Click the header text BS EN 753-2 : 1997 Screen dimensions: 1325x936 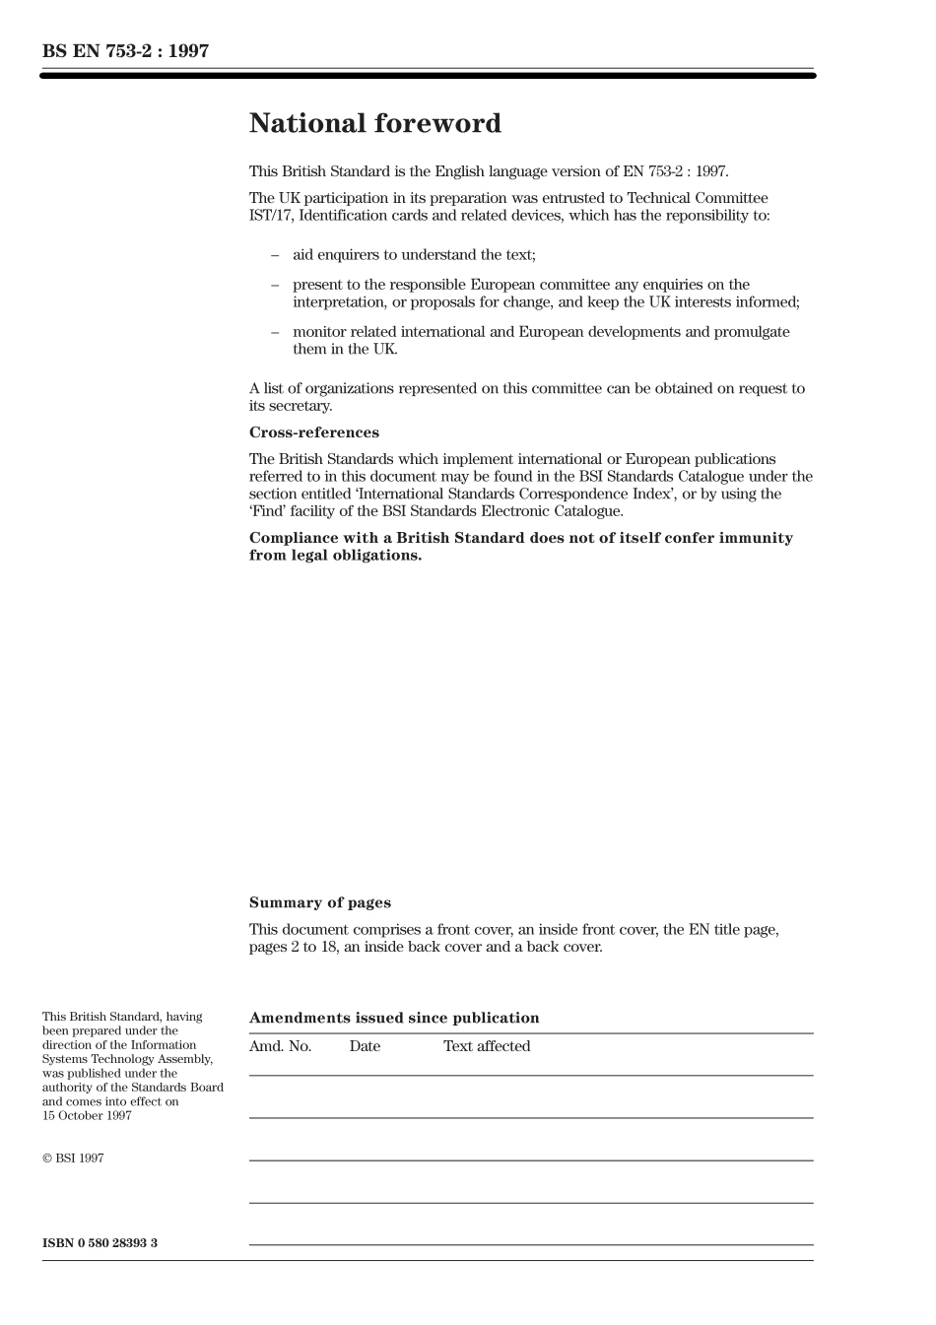coord(125,51)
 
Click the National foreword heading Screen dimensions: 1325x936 coord(374,123)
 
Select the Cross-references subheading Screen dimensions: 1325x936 coord(313,432)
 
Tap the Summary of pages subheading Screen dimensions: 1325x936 coord(319,902)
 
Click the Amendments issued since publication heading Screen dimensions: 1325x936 coord(394,1018)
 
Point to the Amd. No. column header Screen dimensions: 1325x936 coord(280,1046)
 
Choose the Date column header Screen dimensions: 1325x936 coord(365,1046)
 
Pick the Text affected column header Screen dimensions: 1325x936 coord(487,1046)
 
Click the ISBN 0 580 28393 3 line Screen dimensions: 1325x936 coord(100,1242)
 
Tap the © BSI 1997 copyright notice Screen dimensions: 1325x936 coord(73,1158)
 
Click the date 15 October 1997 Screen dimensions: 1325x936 coord(87,1115)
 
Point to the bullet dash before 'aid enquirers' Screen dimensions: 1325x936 coord(275,255)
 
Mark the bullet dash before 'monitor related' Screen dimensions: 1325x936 coord(275,332)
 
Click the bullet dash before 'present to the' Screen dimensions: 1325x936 coord(275,285)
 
